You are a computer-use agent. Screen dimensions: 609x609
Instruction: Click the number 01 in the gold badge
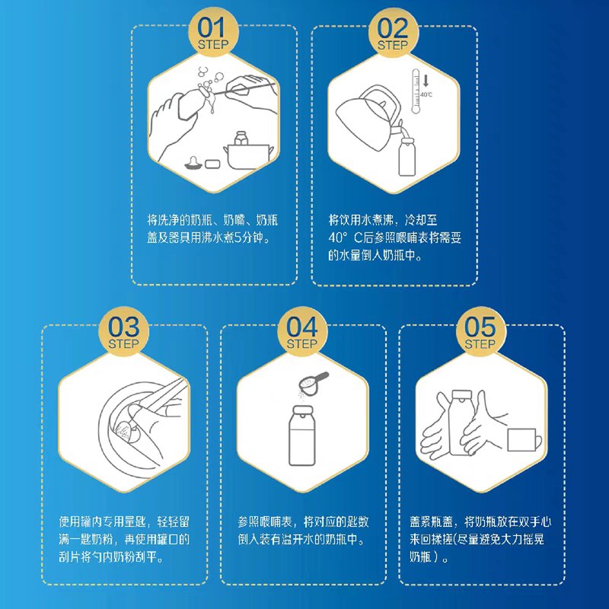click(x=212, y=27)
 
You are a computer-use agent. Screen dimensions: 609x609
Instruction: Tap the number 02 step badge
click(x=394, y=32)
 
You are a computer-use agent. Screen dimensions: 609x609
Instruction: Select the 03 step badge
click(x=123, y=331)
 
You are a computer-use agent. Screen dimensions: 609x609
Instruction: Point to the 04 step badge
click(x=302, y=331)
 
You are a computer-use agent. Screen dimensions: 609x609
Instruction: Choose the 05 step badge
click(x=480, y=331)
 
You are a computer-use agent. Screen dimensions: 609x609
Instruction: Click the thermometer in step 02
click(x=416, y=91)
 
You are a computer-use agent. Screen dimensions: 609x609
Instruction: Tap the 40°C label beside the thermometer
click(x=426, y=94)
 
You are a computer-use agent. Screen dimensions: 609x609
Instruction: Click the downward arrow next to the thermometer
click(x=426, y=81)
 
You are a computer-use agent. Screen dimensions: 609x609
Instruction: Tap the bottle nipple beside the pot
click(x=193, y=164)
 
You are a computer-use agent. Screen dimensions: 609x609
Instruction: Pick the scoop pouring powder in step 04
click(x=312, y=383)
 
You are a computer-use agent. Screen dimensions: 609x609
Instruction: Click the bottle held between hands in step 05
click(x=461, y=422)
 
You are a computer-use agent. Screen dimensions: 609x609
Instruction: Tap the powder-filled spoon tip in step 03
click(x=124, y=431)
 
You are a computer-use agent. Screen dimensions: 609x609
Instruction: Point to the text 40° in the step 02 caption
click(x=336, y=238)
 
